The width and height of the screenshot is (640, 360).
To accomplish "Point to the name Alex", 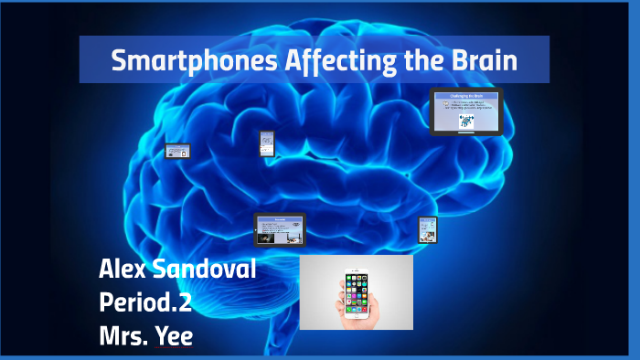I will [x=124, y=270].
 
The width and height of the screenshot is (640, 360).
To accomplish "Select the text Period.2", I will [x=151, y=302].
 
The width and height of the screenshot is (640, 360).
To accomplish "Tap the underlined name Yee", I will [x=174, y=334].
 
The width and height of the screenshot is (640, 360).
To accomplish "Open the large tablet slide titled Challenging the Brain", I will [x=466, y=111].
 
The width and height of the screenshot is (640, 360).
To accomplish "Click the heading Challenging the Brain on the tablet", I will [x=466, y=96].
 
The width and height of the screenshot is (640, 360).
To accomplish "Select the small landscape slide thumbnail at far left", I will [x=177, y=152].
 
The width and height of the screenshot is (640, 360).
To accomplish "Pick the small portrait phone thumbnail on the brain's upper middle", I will [x=266, y=142].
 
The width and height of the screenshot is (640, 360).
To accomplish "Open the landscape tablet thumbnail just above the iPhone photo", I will [x=279, y=229].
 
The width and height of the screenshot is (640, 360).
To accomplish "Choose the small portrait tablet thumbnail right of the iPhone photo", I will [x=427, y=229].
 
